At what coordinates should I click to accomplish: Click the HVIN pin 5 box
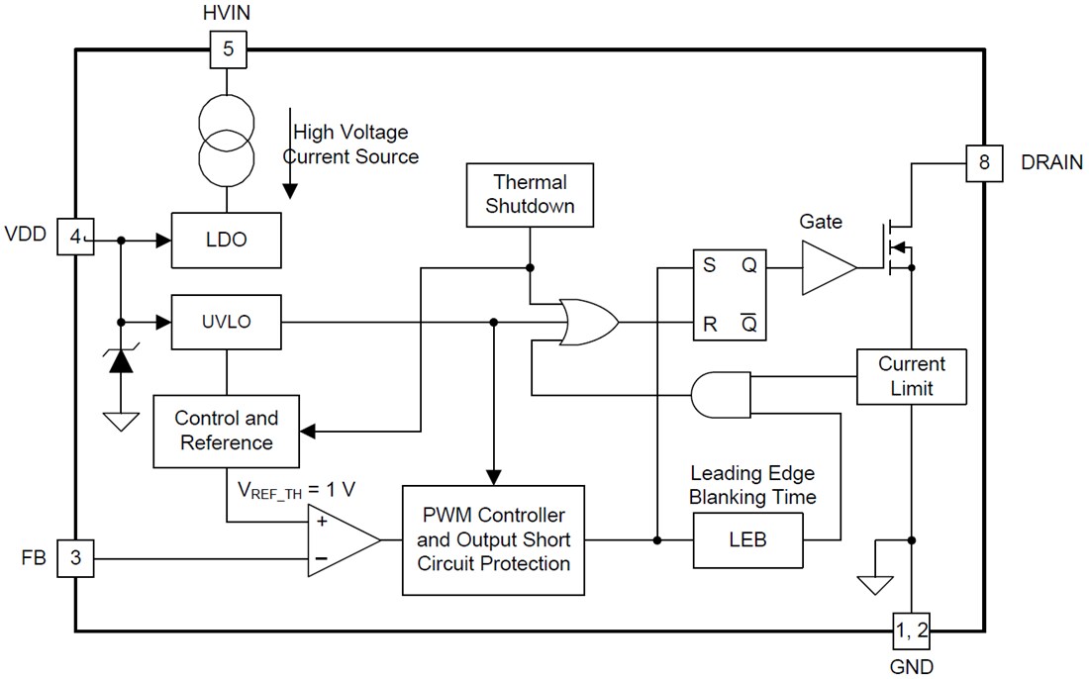[228, 49]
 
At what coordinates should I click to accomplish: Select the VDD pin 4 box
[75, 238]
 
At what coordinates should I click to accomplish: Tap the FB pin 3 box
[75, 559]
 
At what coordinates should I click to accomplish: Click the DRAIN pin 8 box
[984, 163]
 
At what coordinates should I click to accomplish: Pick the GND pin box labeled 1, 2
[911, 630]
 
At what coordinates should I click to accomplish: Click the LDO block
[226, 240]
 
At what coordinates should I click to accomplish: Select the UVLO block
[226, 322]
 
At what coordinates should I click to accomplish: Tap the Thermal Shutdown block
[530, 195]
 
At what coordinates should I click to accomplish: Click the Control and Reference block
[226, 431]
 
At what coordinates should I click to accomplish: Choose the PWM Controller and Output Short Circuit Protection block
[493, 539]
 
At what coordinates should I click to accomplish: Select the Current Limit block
[911, 376]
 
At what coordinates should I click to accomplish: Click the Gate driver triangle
[828, 267]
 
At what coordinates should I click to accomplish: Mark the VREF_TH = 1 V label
[297, 489]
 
